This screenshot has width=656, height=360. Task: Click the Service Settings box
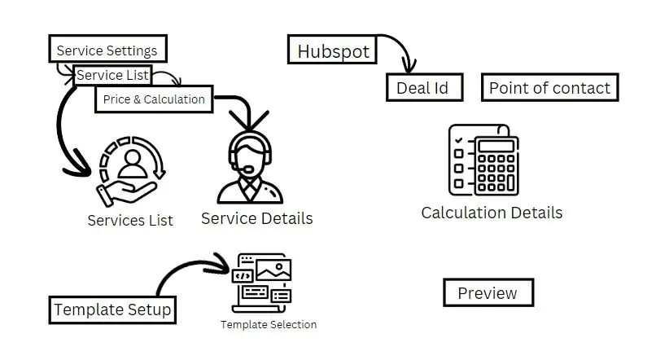[x=107, y=50]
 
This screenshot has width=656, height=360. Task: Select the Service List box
[x=113, y=75]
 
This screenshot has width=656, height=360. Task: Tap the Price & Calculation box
[x=154, y=99]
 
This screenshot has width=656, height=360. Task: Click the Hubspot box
[x=333, y=50]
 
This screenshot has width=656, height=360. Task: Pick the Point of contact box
[x=549, y=88]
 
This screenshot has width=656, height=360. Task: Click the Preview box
[x=487, y=293]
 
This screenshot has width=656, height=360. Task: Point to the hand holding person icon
[x=130, y=171]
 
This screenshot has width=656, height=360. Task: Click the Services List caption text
[x=130, y=221]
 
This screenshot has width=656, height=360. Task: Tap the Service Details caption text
[x=256, y=218]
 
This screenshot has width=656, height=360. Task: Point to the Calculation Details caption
[x=491, y=213]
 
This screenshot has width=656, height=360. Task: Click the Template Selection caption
[x=268, y=325]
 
